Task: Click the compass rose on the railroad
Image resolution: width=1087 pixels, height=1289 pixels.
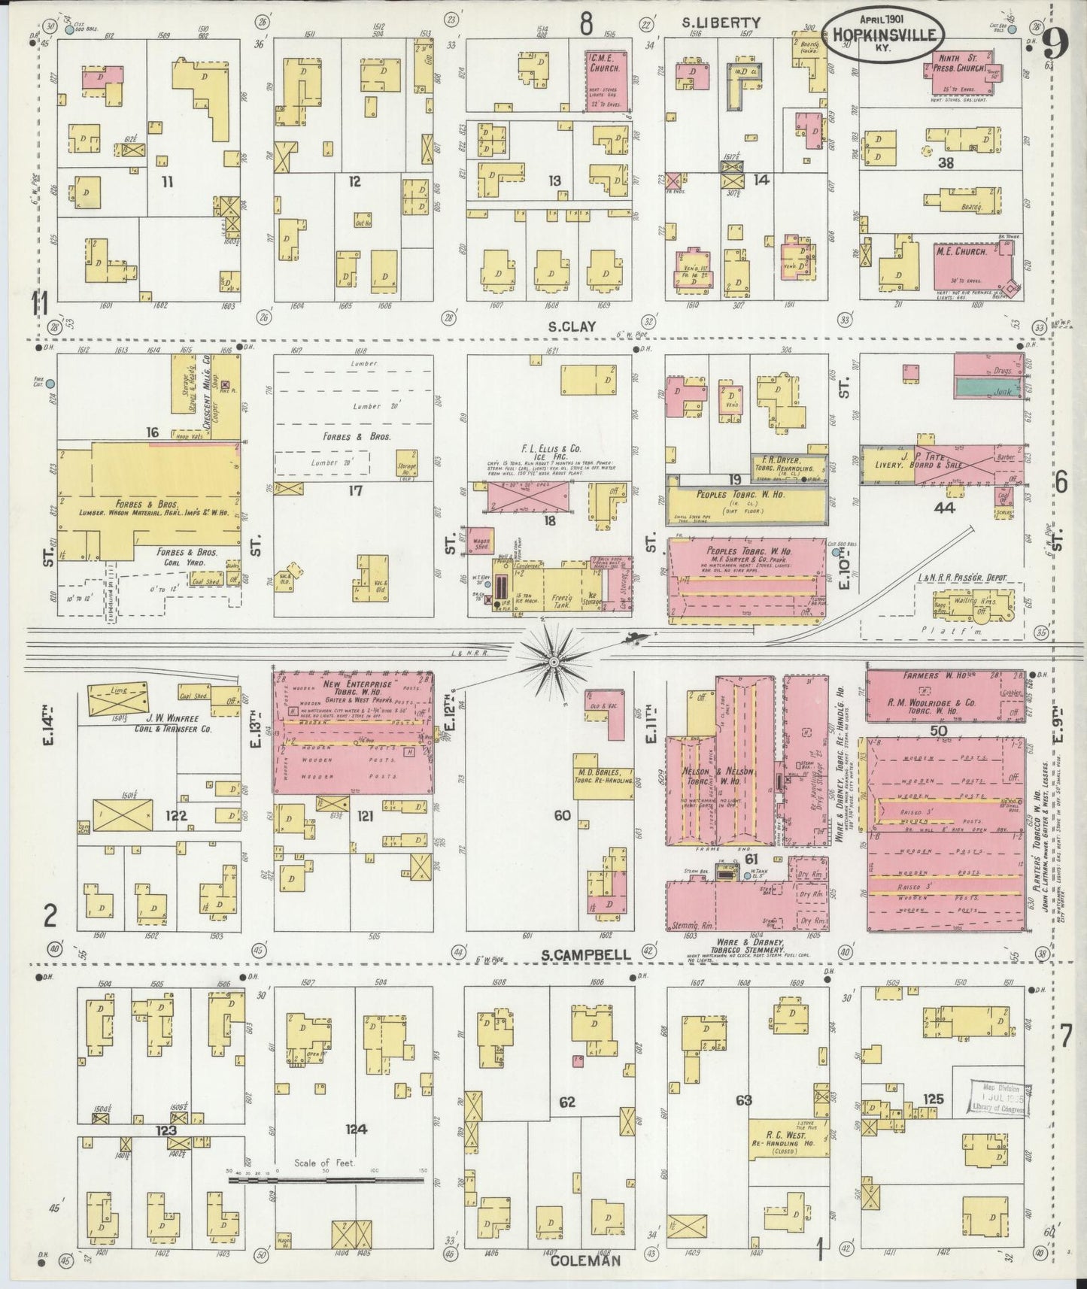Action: click(553, 660)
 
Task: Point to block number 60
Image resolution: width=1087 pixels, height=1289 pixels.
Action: click(562, 814)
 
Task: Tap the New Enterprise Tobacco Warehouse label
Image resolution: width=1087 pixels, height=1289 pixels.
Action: click(354, 693)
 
